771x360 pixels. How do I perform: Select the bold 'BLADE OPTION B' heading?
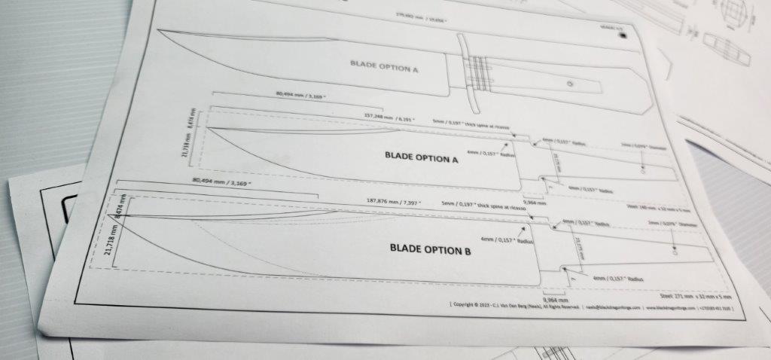click(x=430, y=249)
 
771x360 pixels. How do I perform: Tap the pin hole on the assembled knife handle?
click(x=569, y=84)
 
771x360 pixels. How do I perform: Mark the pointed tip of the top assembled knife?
click(x=161, y=31)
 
